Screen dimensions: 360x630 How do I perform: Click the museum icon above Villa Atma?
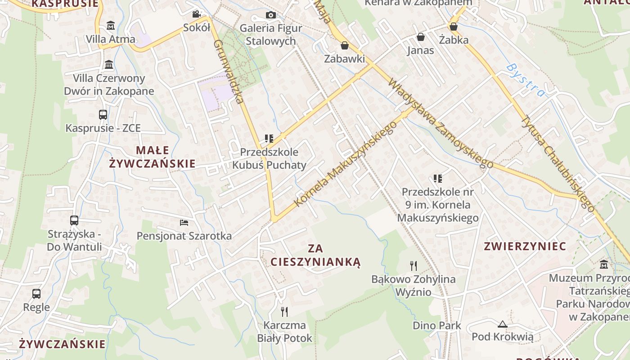click(x=110, y=25)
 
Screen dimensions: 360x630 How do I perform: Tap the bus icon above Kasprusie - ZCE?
click(x=103, y=115)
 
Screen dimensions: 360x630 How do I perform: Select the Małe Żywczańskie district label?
click(x=153, y=157)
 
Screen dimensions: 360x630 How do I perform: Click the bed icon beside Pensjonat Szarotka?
click(x=184, y=222)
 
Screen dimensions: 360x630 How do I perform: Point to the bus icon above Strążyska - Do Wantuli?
click(x=74, y=220)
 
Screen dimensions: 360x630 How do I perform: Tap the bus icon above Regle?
click(x=36, y=294)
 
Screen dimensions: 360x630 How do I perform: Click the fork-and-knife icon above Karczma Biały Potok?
click(x=284, y=311)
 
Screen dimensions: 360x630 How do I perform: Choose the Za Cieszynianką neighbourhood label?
click(x=315, y=255)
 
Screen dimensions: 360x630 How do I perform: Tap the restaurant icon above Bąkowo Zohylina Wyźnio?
click(x=414, y=265)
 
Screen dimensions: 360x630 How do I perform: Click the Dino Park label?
click(x=437, y=325)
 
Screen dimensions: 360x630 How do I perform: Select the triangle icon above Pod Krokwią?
click(x=502, y=324)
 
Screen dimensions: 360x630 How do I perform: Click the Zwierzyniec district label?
click(x=525, y=246)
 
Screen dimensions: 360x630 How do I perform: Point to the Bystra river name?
click(x=526, y=81)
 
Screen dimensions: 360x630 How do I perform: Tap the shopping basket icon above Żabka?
click(x=454, y=27)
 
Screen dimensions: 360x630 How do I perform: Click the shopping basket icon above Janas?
click(x=421, y=37)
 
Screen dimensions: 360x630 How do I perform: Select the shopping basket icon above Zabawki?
click(x=344, y=45)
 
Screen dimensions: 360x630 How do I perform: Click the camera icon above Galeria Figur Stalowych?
click(x=270, y=15)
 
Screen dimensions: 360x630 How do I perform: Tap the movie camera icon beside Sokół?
click(x=196, y=14)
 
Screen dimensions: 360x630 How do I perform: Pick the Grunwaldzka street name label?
click(x=229, y=72)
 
